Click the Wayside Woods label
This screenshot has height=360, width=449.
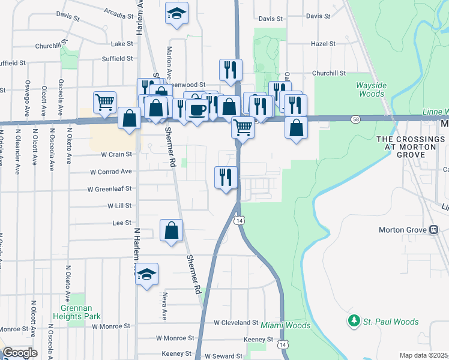pos(370,89)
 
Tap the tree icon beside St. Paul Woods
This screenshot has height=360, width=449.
pos(354,322)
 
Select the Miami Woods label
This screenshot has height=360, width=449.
pos(285,326)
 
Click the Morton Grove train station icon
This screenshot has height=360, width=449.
pos(433,230)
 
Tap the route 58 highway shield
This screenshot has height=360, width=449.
pos(357,120)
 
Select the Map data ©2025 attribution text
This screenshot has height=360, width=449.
pos(424,355)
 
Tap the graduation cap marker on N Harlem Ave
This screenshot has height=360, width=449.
pos(146,274)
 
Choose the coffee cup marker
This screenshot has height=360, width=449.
pos(196,110)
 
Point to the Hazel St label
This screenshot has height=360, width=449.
pos(322,44)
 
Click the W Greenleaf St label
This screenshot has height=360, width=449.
pos(110,188)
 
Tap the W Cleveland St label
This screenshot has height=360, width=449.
pos(236,322)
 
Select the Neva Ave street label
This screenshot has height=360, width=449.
pos(163,306)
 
